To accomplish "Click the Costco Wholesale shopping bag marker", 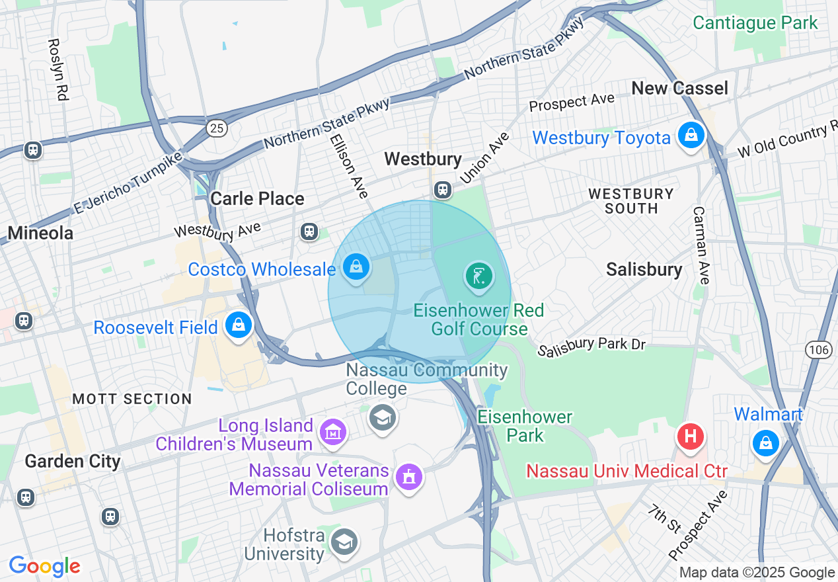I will [x=356, y=267].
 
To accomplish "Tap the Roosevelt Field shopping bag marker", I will [x=237, y=325].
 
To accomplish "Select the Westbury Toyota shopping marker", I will [x=691, y=136].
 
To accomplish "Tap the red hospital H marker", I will [x=690, y=436].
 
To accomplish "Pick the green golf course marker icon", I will [x=479, y=276].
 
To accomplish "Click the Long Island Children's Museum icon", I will [x=333, y=433].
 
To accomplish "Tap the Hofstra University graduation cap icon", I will [x=344, y=542].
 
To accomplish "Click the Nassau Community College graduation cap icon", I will [x=382, y=417].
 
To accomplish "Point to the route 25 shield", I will [x=217, y=128].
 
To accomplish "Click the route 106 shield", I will [x=819, y=350].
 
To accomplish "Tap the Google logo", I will [x=44, y=566].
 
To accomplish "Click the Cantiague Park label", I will [x=755, y=22].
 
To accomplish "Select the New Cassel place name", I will [x=679, y=88].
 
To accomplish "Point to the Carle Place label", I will [x=257, y=198].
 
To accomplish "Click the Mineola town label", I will [x=40, y=233].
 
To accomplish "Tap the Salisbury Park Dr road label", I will [x=591, y=347].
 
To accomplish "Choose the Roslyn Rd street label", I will [x=58, y=69].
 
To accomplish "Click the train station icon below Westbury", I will [x=443, y=190].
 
